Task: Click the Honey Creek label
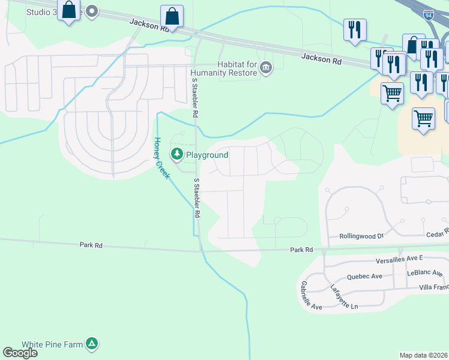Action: click(162, 158)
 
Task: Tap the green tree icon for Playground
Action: click(177, 155)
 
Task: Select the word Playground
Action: click(207, 155)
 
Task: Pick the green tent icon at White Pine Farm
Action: click(92, 344)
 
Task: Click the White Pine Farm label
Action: click(51, 344)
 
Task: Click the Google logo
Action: click(20, 353)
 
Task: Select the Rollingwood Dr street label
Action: click(361, 236)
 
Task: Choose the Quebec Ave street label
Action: click(364, 277)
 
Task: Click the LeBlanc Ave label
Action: click(424, 272)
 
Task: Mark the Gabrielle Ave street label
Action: click(312, 295)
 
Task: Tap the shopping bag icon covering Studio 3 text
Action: click(69, 10)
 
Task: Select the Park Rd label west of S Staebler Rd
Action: click(91, 245)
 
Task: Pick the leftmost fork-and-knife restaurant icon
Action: click(355, 29)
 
